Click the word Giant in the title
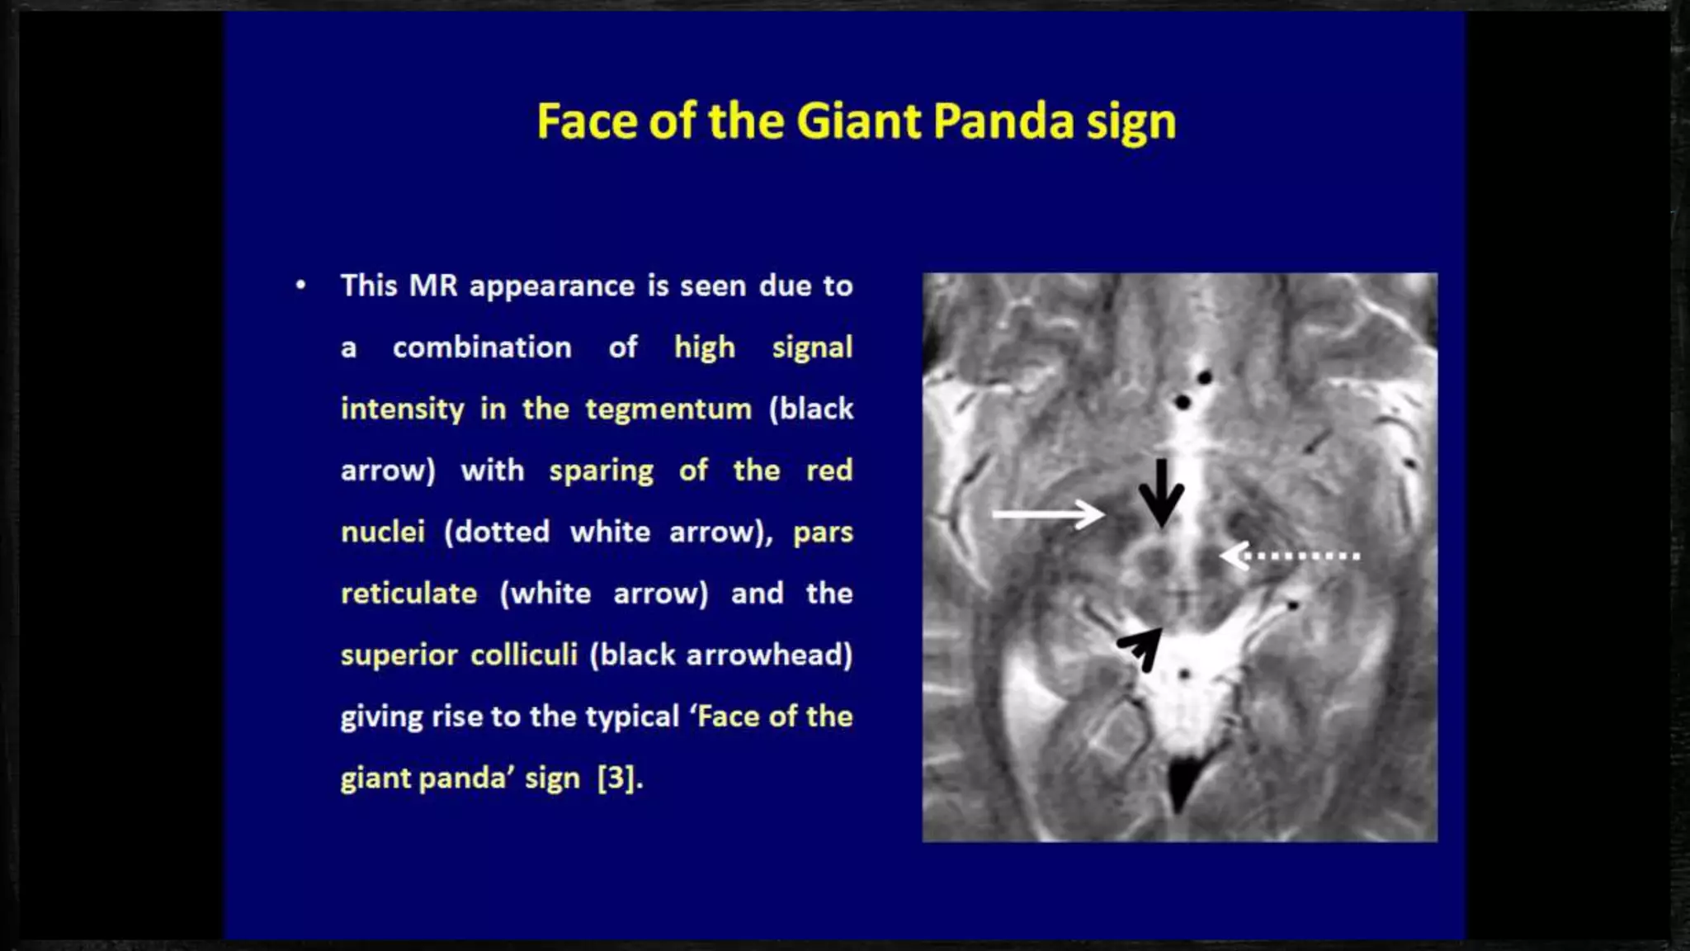tap(858, 121)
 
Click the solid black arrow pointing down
tap(1161, 494)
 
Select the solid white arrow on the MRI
tap(1048, 514)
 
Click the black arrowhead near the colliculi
tap(1141, 647)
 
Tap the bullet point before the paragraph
tap(300, 286)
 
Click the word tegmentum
tap(668, 409)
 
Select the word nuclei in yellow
tap(383, 532)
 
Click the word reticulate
tap(408, 594)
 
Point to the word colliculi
tap(524, 655)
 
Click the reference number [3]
tap(617, 778)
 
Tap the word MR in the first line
tap(433, 286)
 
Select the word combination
tap(482, 348)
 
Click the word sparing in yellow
tap(601, 471)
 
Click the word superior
tap(399, 655)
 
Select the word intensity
tap(403, 409)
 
